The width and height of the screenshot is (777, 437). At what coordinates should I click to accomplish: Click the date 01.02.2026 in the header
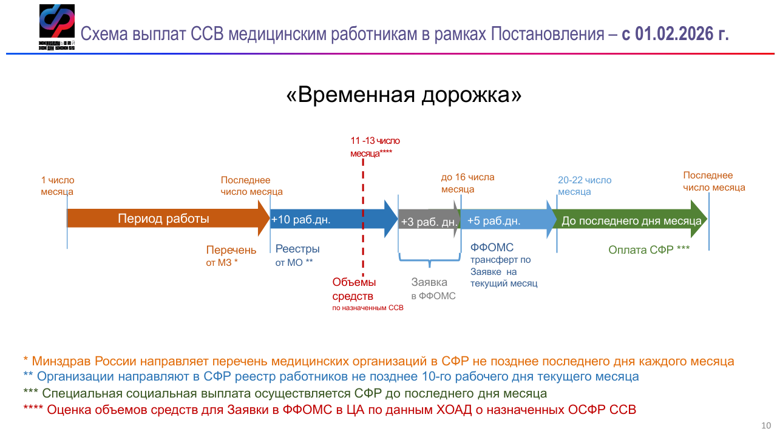point(674,33)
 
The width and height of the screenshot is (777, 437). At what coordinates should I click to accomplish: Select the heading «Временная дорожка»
point(404,95)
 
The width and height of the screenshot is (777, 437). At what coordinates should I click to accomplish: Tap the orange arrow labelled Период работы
point(164,219)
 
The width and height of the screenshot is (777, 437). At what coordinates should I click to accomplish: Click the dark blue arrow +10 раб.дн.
point(328,220)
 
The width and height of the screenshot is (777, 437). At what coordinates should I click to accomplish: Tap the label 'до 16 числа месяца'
point(467,183)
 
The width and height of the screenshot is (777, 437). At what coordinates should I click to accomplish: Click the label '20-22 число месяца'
point(584,186)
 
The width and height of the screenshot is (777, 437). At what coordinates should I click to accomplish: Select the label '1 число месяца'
point(58,186)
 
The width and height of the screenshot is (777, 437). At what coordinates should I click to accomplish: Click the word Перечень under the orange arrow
point(231,250)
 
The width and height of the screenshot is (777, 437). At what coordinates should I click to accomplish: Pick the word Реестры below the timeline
point(297,249)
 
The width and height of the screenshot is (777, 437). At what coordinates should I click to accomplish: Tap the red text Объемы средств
point(354,289)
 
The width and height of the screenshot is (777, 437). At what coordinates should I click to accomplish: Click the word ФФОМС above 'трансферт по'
point(492,248)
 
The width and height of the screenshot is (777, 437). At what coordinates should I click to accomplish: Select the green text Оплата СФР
point(648,249)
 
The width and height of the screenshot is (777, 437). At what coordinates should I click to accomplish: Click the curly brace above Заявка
point(429,263)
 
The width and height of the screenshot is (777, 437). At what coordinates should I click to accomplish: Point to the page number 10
point(766,424)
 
